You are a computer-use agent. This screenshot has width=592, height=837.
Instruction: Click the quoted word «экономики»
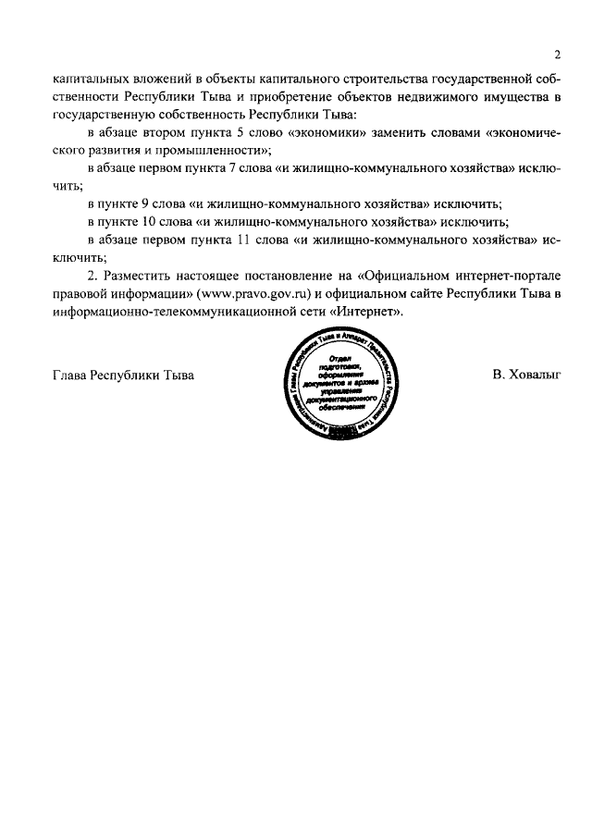(326, 133)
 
